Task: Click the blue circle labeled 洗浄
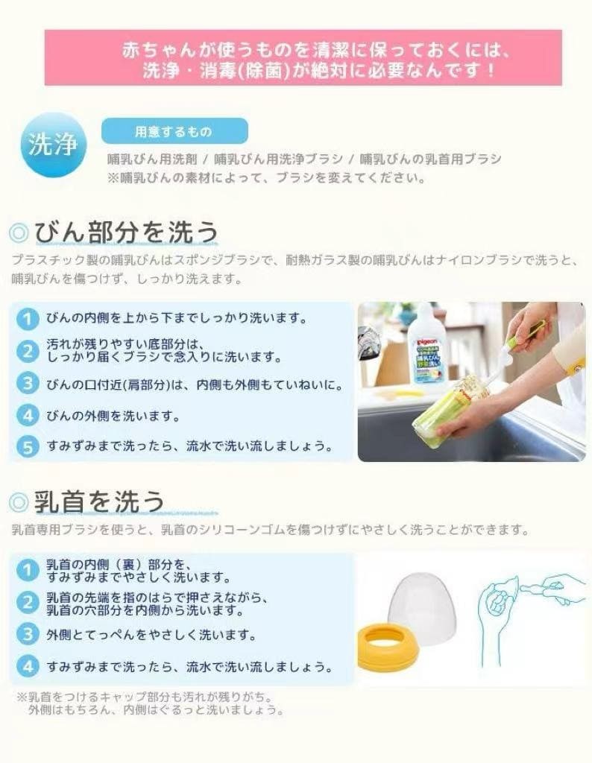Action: (x=53, y=145)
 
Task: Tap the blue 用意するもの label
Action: (x=174, y=131)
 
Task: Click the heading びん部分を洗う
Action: (x=125, y=232)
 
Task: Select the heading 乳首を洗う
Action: (x=99, y=501)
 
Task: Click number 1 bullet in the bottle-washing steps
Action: (x=28, y=319)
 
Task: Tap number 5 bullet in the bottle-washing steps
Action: (x=28, y=446)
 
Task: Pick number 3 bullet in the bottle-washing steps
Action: (x=28, y=384)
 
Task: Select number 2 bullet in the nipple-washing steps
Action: (x=28, y=603)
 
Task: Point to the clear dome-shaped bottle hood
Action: (x=423, y=608)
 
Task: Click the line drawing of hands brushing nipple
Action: (x=531, y=618)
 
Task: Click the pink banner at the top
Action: (x=303, y=58)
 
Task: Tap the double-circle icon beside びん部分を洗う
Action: (x=19, y=232)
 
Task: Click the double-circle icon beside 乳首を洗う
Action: (x=19, y=502)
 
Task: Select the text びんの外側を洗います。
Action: (x=113, y=416)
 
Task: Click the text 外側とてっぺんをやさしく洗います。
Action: (x=151, y=635)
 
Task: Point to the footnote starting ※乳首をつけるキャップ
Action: (x=151, y=703)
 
